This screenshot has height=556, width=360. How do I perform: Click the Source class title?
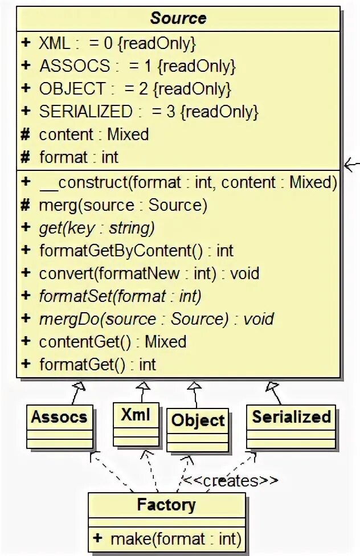coord(178,18)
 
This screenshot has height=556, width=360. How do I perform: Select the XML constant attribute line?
coord(117,43)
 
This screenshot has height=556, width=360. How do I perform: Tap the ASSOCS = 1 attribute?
coord(137,66)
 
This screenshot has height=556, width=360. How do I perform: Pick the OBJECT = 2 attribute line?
coord(134,89)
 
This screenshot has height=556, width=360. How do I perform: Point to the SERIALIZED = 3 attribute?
coord(148,112)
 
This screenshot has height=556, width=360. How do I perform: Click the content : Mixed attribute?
coord(93,134)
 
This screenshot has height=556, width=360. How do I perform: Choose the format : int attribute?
coord(79,157)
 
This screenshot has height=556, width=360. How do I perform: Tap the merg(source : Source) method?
coord(123,205)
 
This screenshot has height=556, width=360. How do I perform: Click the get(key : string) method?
coord(97,228)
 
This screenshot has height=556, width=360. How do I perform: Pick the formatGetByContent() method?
coord(136,251)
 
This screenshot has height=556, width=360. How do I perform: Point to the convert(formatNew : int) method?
coord(149,273)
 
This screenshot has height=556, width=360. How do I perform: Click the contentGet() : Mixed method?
coord(112,342)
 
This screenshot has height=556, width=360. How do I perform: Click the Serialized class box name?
coord(291,416)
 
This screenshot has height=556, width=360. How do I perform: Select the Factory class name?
coord(166,505)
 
